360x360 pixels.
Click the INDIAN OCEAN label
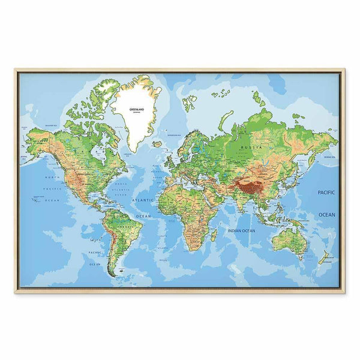point(241,230)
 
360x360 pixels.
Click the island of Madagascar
point(214,234)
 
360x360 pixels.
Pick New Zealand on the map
point(324,257)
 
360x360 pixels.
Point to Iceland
point(157,143)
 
